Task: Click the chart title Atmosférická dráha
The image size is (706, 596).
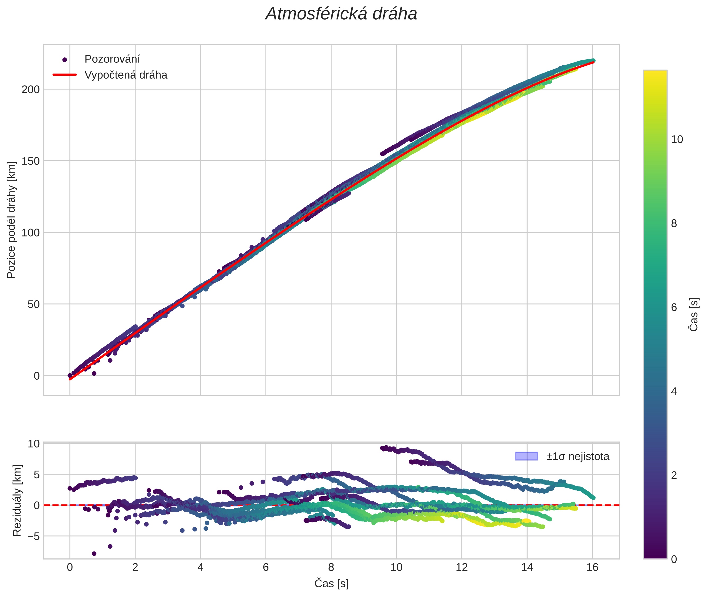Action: [341, 14]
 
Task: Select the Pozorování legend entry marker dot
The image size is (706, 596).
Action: [65, 60]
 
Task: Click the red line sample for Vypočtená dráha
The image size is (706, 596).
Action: [65, 75]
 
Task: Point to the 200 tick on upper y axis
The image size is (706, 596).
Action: [30, 89]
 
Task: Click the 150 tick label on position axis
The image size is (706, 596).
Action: [30, 161]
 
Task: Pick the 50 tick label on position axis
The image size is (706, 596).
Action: [33, 304]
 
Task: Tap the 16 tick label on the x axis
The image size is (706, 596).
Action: [592, 567]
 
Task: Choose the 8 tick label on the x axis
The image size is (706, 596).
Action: [331, 567]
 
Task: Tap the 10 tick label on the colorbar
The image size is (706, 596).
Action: [677, 139]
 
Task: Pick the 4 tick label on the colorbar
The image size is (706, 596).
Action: [674, 392]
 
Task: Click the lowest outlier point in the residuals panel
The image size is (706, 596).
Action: [94, 553]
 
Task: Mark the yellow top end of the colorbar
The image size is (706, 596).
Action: [655, 71]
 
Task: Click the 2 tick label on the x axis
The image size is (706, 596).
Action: [135, 567]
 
